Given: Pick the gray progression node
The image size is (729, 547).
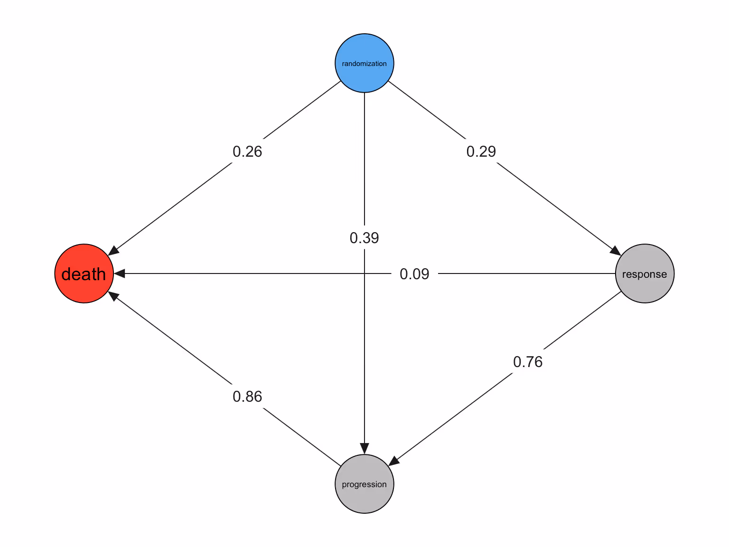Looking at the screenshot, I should (x=364, y=499).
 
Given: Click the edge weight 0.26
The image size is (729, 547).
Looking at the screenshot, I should (x=247, y=151).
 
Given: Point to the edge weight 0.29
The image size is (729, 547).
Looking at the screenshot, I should (x=481, y=151).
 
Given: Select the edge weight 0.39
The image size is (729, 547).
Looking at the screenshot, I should (x=364, y=237).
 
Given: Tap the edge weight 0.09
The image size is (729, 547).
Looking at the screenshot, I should (x=414, y=274).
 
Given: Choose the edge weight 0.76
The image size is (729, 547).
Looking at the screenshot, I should (x=527, y=362).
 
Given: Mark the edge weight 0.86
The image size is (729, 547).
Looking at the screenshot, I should (x=247, y=396).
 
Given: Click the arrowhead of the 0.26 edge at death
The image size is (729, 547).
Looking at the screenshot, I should (x=114, y=251).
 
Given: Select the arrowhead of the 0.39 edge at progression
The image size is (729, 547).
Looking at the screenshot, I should (x=364, y=449).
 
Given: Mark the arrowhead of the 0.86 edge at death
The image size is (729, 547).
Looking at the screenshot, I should (x=114, y=296).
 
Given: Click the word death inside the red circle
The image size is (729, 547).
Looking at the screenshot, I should (x=84, y=274).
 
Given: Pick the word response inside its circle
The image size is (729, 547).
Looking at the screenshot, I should (x=645, y=274).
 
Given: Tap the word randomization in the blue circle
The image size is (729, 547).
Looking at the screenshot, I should (x=364, y=64).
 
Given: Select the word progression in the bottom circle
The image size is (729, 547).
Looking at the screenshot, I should (x=364, y=484).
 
